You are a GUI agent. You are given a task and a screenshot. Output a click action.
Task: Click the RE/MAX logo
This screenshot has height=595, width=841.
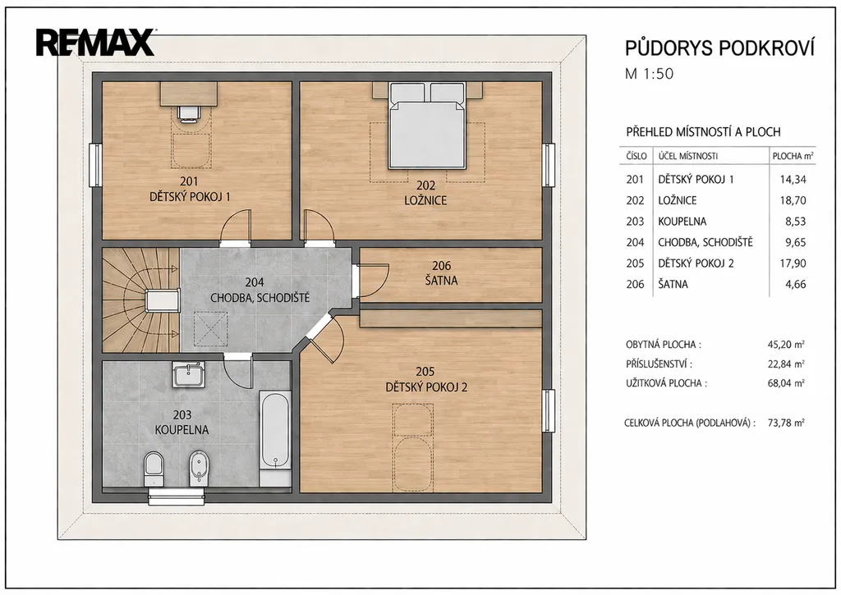(x=95, y=43)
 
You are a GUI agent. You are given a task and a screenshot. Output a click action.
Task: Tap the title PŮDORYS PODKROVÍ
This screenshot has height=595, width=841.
(x=719, y=48)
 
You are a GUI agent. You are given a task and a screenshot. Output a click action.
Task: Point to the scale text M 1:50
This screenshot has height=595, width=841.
(x=649, y=73)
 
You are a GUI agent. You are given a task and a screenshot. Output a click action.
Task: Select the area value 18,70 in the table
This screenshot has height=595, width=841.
(x=793, y=200)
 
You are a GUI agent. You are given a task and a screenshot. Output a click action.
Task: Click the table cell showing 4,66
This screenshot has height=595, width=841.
(x=795, y=284)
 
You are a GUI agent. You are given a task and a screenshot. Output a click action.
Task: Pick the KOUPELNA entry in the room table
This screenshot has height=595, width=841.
(x=682, y=222)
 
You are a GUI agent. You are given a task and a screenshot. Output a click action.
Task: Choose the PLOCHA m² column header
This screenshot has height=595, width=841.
(x=793, y=156)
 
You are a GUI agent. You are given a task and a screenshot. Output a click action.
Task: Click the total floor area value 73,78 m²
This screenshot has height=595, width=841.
(x=786, y=423)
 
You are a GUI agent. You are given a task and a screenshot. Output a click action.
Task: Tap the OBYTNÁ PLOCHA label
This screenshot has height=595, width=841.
(x=664, y=345)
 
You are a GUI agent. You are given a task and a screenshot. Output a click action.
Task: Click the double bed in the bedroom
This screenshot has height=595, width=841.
(x=427, y=125)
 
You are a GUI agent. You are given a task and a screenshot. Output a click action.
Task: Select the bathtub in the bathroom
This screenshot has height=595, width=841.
(x=276, y=431)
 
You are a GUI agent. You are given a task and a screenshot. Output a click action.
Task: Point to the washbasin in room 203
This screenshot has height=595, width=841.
(x=188, y=374)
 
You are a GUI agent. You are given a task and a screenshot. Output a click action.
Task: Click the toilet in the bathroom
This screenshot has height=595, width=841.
(x=154, y=469)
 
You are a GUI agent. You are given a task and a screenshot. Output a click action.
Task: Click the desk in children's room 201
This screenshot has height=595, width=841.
(x=190, y=94)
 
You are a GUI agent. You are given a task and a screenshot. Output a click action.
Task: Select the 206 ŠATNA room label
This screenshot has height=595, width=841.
(x=441, y=272)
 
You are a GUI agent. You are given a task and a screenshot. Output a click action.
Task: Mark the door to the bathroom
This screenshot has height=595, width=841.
(x=237, y=372)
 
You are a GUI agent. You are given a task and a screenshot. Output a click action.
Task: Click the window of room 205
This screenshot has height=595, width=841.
(x=548, y=411)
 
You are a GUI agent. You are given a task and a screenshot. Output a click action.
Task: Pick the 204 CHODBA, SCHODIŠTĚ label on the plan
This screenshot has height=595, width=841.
(x=260, y=290)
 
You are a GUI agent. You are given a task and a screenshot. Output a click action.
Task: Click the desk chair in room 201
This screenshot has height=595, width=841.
(x=189, y=113)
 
